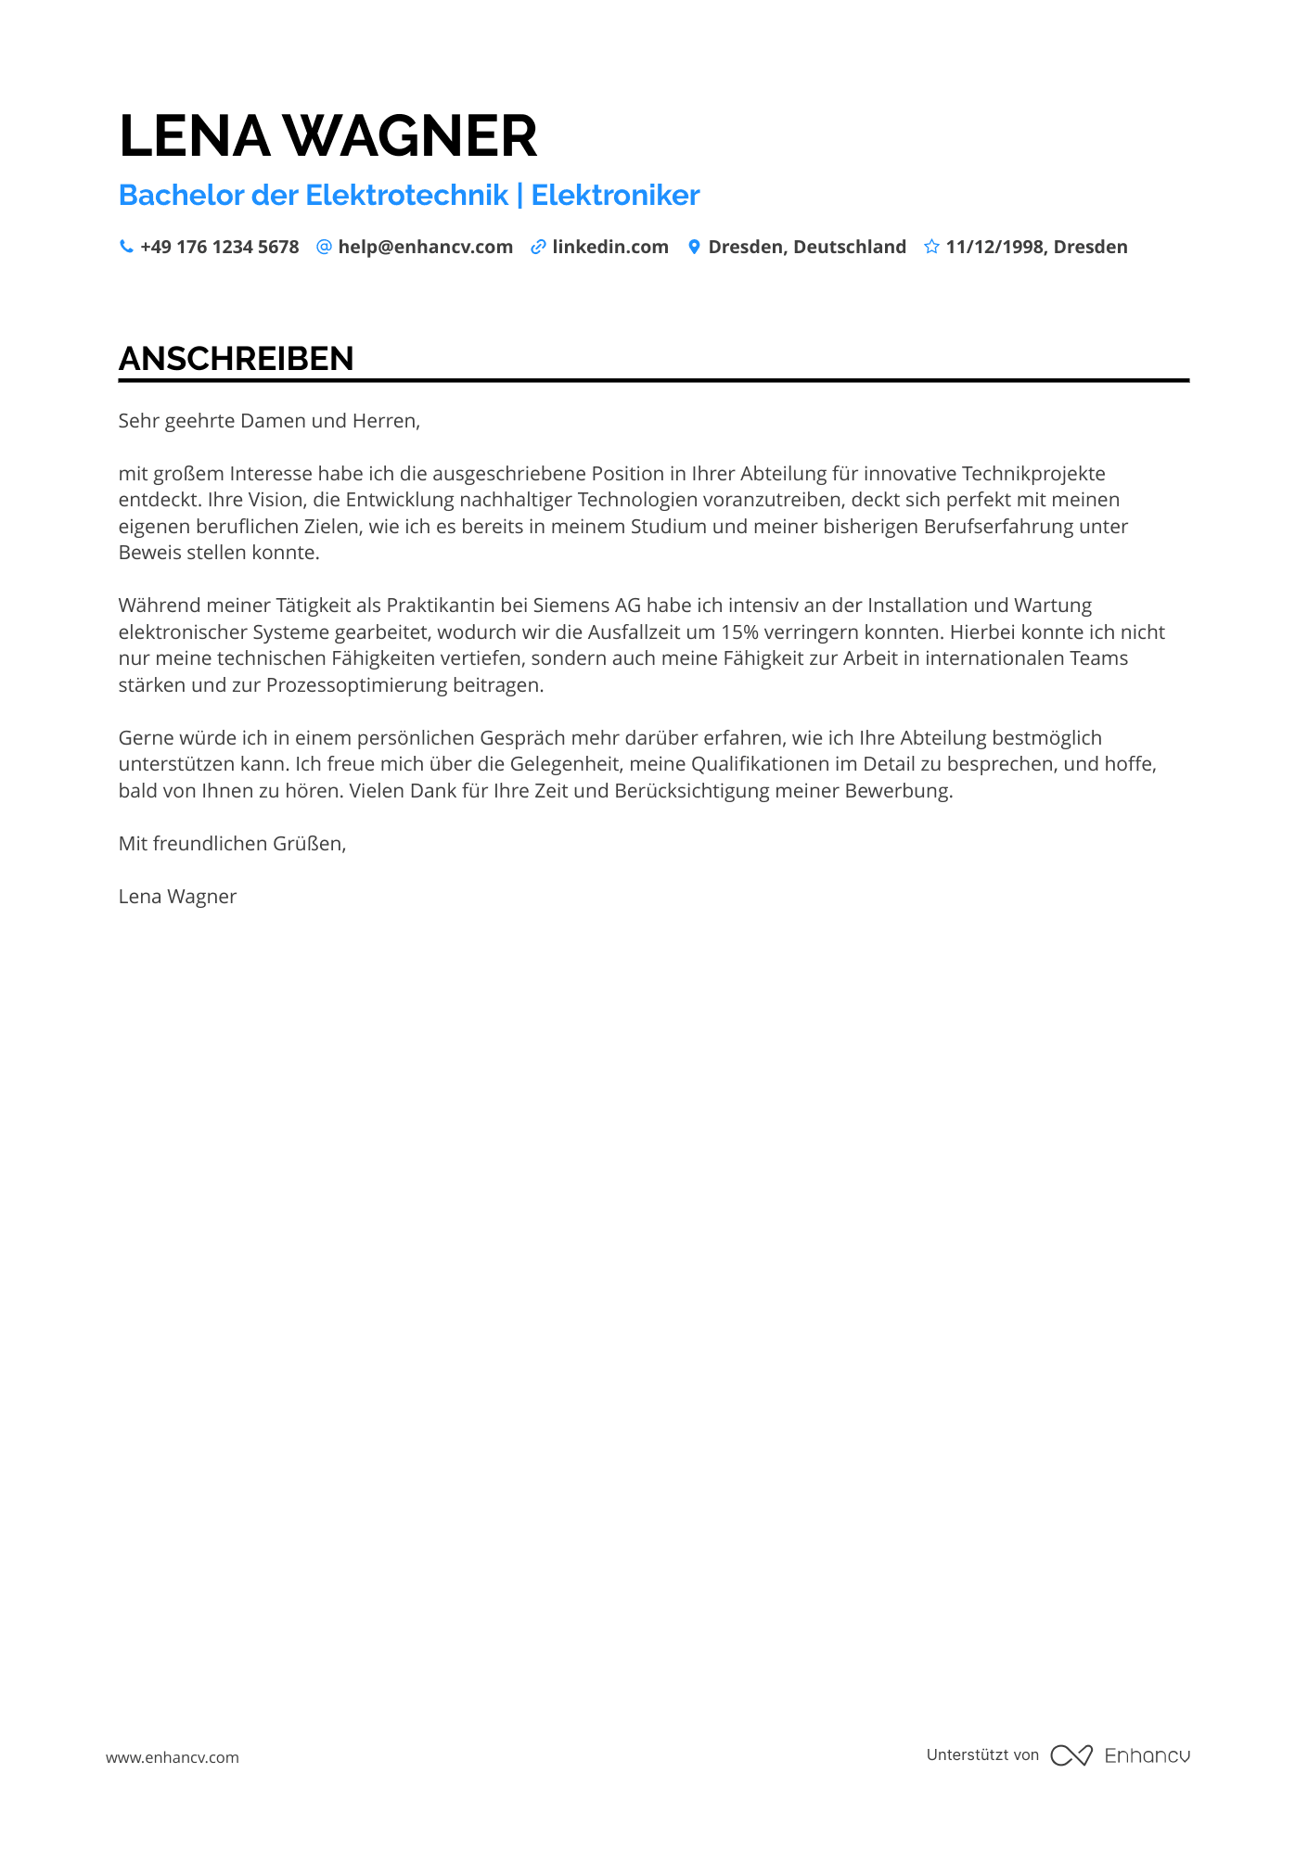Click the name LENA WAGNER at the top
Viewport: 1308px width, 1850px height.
click(327, 136)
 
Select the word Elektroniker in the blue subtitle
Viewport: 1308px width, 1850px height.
click(615, 196)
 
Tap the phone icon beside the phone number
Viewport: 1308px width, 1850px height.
click(126, 247)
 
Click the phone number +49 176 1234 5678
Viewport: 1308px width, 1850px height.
click(220, 247)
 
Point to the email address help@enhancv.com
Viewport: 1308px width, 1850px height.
click(425, 247)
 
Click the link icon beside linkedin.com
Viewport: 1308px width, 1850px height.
click(538, 247)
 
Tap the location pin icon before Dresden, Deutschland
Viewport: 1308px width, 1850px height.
click(694, 247)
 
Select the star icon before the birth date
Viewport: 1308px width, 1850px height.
click(931, 247)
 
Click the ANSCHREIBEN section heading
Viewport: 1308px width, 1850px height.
click(237, 359)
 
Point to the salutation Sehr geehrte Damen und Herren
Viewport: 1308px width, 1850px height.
click(269, 421)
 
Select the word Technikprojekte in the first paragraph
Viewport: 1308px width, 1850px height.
click(1033, 474)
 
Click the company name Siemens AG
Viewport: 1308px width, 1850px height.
click(586, 606)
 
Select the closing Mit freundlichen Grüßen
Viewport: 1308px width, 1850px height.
click(232, 844)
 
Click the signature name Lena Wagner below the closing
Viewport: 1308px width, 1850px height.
click(177, 897)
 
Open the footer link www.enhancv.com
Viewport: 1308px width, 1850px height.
click(173, 1757)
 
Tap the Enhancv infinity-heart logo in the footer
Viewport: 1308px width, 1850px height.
click(1071, 1755)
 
